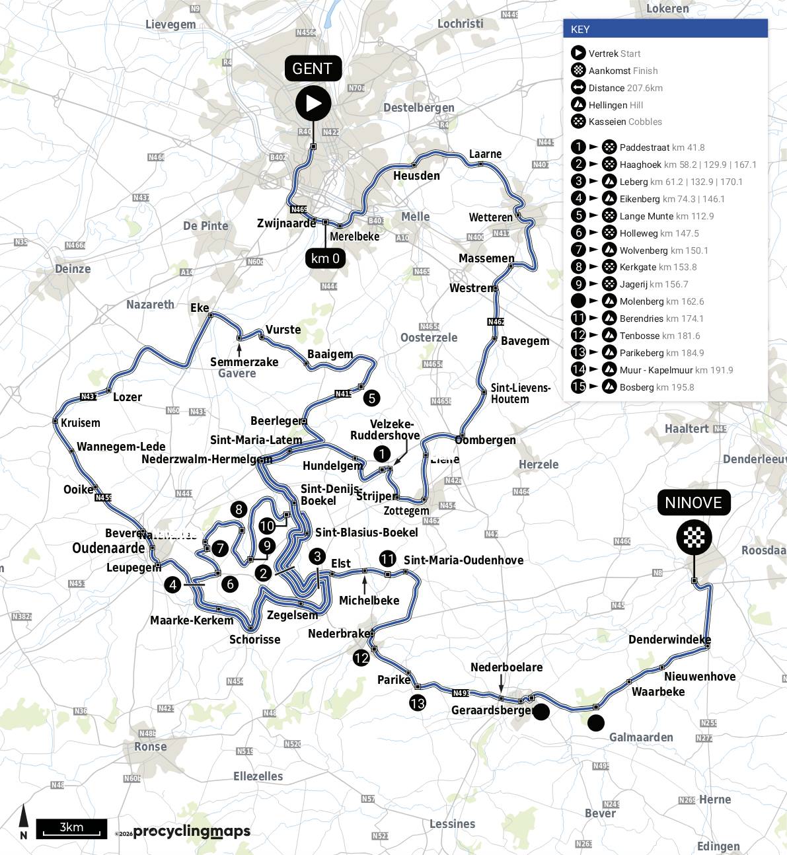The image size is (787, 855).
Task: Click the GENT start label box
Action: pos(313,69)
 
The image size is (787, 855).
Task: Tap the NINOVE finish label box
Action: pos(693,502)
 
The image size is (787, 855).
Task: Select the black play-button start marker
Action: pos(313,103)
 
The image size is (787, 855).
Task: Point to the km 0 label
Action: pos(325,258)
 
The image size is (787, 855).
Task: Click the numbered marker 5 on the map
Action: pos(371,398)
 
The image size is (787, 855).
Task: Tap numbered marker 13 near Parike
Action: pos(417,703)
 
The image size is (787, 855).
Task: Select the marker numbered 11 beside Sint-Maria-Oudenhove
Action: pos(387,560)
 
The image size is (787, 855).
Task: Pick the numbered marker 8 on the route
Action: pos(239,509)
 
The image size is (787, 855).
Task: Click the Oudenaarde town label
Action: pos(108,548)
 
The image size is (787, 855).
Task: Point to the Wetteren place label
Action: pos(490,217)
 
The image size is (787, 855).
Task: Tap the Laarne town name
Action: pos(485,154)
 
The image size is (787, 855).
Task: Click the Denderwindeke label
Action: pos(669,640)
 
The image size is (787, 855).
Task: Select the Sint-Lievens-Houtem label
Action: pos(520,393)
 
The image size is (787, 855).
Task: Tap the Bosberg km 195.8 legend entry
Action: pos(656,387)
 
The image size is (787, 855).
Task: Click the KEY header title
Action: pos(580,29)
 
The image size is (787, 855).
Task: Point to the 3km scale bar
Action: pos(71,829)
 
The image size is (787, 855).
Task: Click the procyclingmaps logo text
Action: pos(192,832)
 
